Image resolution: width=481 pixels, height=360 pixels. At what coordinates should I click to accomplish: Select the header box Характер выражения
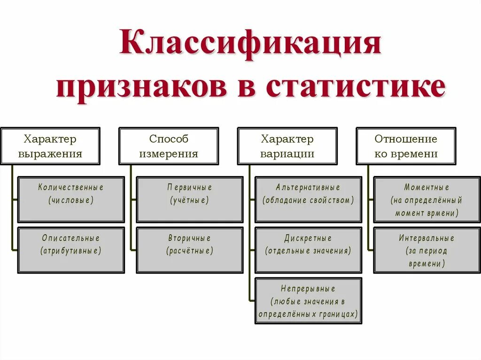coord(50,146)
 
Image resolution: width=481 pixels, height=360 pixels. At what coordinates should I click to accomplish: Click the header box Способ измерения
coord(169,146)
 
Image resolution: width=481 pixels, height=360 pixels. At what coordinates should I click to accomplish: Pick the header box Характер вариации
coord(287,146)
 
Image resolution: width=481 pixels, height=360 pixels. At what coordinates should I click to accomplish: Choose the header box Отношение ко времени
coord(406,146)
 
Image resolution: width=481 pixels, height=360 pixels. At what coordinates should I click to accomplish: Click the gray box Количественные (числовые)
coord(71,199)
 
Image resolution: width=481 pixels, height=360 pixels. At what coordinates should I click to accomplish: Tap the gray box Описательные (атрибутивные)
coord(71,250)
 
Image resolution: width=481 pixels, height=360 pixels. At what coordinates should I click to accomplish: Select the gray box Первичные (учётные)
coord(190,199)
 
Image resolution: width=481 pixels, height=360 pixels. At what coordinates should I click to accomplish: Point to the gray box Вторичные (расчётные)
coord(190,250)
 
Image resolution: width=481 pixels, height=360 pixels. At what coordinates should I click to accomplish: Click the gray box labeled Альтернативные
coord(308,199)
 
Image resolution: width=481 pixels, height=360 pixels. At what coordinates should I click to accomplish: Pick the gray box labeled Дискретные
coord(308,250)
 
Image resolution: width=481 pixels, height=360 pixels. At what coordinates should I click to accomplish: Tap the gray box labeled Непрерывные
coord(308,301)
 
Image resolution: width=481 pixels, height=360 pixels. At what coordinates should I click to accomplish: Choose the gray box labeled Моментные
coord(427,199)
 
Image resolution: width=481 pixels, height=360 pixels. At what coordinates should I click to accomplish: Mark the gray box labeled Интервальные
coord(427,250)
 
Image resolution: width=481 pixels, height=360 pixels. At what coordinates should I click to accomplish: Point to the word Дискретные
coord(308,238)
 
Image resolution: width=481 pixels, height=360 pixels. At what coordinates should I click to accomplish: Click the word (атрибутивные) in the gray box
coord(71,251)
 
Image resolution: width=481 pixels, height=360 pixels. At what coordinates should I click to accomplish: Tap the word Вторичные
coord(190,238)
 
